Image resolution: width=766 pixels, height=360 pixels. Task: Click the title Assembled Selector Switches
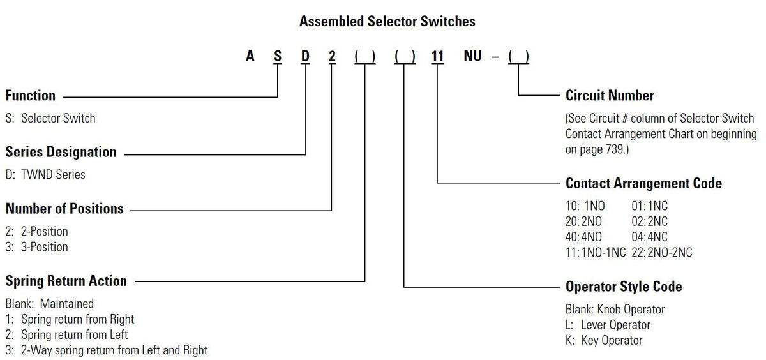pos(387,21)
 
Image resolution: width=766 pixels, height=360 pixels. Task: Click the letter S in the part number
pos(277,56)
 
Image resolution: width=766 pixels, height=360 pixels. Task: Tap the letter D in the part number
pos(305,56)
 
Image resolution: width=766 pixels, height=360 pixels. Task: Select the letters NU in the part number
pos(472,56)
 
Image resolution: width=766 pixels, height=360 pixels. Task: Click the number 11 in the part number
pos(437,56)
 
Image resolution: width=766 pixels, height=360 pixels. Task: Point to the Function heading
pos(31,96)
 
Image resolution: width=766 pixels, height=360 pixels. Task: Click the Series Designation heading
pos(61,152)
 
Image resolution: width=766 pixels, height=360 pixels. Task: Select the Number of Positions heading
pos(64,209)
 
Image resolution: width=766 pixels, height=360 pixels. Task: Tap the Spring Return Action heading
pos(66,281)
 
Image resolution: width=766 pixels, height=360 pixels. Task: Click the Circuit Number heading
pos(610,96)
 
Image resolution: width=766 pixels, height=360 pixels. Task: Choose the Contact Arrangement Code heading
pos(643,183)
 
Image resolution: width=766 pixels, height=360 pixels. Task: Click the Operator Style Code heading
pos(624,287)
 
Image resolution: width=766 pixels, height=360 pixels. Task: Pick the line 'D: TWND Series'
pos(45,174)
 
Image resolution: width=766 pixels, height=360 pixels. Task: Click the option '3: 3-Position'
pos(37,246)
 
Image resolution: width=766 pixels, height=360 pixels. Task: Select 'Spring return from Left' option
pos(67,334)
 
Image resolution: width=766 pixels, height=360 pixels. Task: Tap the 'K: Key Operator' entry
pos(604,340)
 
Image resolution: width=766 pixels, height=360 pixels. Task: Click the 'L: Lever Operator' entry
pos(608,325)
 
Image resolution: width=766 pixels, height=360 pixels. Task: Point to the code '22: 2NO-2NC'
pos(661,252)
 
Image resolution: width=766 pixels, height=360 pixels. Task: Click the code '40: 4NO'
pos(583,237)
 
